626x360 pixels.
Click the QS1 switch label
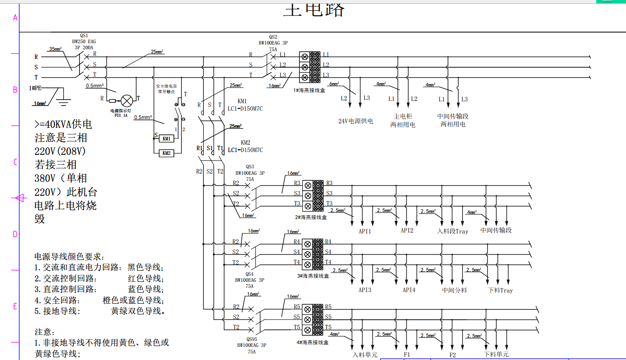[x=84, y=35]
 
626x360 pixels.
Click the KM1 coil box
[x=166, y=139]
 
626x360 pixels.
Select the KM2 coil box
[x=166, y=153]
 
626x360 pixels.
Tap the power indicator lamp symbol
[x=127, y=100]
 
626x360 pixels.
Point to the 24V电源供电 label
[x=355, y=121]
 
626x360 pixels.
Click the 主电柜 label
[x=403, y=116]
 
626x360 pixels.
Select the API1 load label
[x=365, y=231]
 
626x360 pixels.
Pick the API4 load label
[x=409, y=290]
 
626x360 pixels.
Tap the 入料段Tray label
[x=453, y=231]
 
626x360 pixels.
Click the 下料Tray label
[x=500, y=290]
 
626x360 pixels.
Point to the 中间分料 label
[x=454, y=290]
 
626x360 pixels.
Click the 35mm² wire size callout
[x=55, y=49]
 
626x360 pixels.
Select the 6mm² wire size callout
[x=334, y=84]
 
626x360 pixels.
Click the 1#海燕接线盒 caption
[x=309, y=90]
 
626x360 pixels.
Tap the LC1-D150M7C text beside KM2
[x=245, y=150]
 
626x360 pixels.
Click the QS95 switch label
[x=252, y=339]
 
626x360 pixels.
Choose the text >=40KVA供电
[x=63, y=125]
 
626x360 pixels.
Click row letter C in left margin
[x=15, y=162]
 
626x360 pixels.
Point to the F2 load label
[x=453, y=355]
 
